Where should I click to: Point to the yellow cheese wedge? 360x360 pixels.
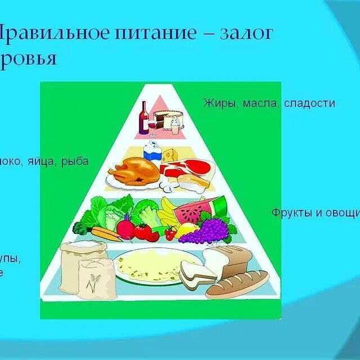click(170, 154)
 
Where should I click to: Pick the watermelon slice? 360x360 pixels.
click(191, 210)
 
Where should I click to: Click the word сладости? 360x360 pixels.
click(309, 103)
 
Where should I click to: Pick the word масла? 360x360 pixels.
click(262, 103)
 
